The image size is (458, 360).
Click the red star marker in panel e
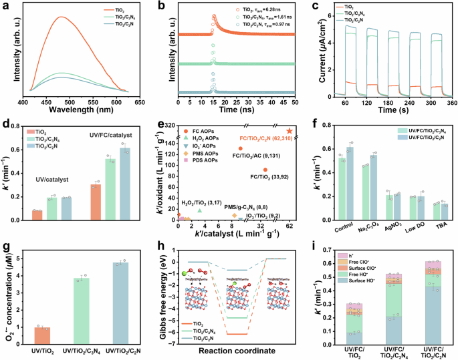[290, 130]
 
